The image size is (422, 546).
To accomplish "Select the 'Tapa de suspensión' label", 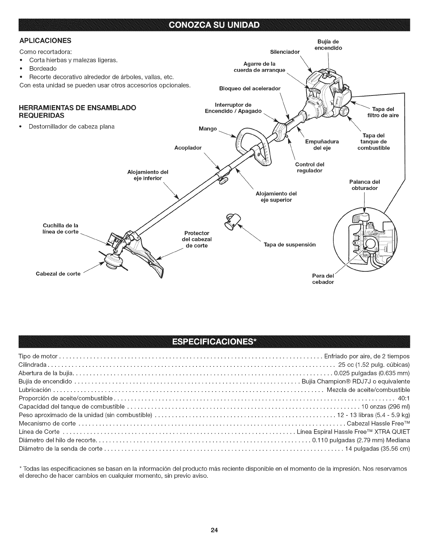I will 289,245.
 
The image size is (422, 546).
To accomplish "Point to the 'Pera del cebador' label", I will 323,279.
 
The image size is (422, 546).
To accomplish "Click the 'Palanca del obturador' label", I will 364,185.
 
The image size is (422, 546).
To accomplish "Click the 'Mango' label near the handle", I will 208,129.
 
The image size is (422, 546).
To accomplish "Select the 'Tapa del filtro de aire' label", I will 383,112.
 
